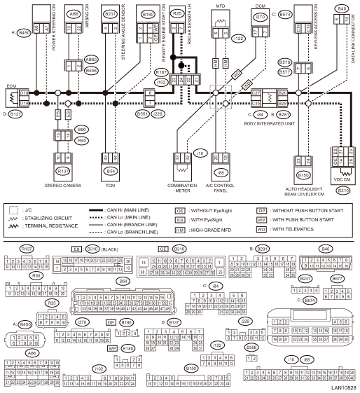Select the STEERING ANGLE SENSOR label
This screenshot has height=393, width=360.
click(x=123, y=28)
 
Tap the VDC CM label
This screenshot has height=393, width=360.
click(x=342, y=179)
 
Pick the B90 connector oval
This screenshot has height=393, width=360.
click(x=81, y=130)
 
